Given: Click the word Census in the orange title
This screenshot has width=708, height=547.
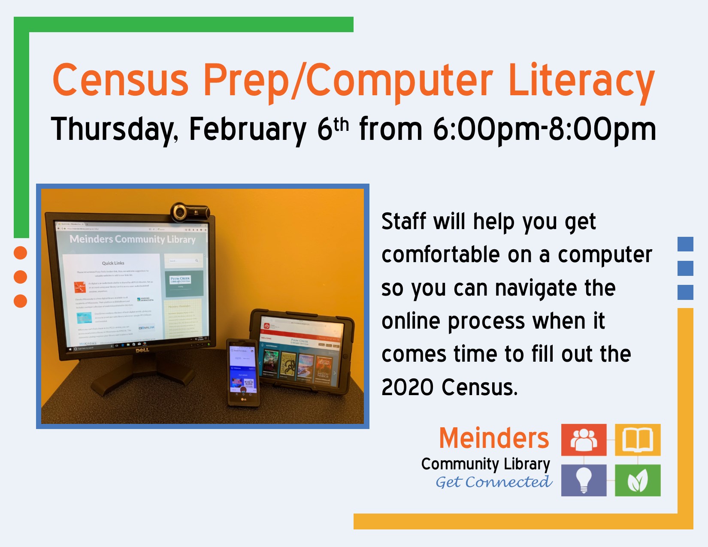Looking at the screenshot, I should click(121, 80).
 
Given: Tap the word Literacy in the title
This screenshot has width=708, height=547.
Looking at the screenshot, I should click(581, 82).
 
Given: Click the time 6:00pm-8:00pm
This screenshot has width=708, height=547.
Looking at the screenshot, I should click(544, 129).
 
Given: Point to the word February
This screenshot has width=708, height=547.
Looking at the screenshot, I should click(248, 129).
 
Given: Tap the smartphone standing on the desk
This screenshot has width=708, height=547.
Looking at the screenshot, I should click(243, 372).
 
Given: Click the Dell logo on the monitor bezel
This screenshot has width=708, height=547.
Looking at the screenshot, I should click(142, 350).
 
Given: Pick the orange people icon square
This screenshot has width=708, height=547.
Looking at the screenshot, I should click(584, 440).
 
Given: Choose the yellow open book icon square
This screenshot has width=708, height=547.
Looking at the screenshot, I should click(638, 440).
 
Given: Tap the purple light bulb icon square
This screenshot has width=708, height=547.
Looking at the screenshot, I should click(584, 480).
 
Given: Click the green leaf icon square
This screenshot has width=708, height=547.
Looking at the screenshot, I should click(638, 480).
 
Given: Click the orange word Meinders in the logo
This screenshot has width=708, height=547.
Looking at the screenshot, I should click(494, 438).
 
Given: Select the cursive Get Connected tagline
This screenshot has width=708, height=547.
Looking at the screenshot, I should click(493, 482).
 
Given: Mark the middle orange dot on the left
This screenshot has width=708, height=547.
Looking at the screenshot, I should click(20, 277).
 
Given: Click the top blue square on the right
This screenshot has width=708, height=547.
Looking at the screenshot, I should click(685, 244).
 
